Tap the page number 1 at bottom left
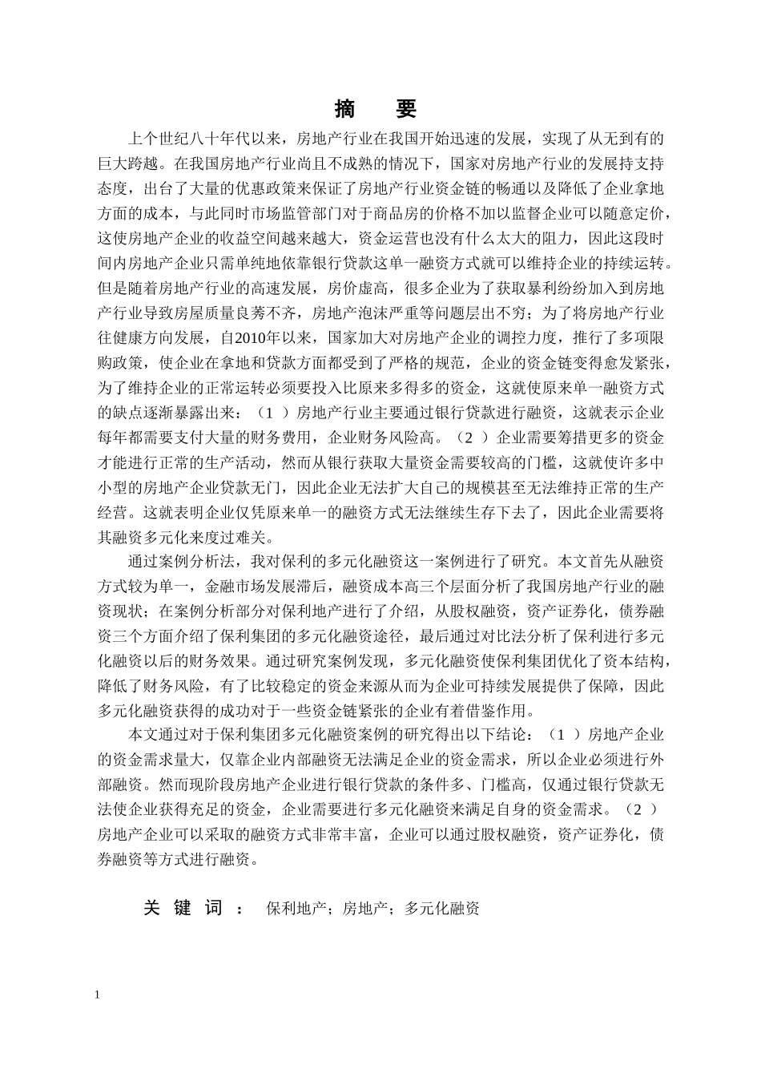98,994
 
